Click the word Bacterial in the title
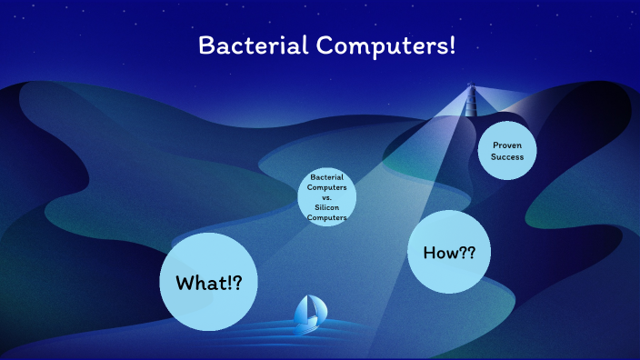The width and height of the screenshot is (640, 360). pos(253,45)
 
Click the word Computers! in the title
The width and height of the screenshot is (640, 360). pos(385,45)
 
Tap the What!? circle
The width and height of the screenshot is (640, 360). pos(208,282)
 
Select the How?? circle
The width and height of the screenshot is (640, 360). pos(449,252)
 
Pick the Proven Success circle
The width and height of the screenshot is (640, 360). pos(507,151)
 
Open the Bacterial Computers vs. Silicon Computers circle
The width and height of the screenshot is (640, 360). pos(327,196)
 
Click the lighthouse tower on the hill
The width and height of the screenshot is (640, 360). pos(471,100)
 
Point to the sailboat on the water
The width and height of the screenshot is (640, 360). pos(310,315)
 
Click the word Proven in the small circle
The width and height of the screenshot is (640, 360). pos(507,145)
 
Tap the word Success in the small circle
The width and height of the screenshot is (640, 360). pos(507,156)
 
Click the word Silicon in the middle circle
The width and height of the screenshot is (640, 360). pos(327,207)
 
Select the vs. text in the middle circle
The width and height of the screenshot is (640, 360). pos(327,197)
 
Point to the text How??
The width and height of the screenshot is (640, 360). pos(449,253)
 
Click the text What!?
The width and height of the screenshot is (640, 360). pos(209,283)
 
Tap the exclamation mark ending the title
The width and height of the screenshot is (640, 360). pos(452,45)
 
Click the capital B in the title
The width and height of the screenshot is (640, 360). pos(206,45)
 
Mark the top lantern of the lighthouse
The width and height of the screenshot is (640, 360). pos(472,85)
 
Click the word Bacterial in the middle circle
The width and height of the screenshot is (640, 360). pos(327,177)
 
